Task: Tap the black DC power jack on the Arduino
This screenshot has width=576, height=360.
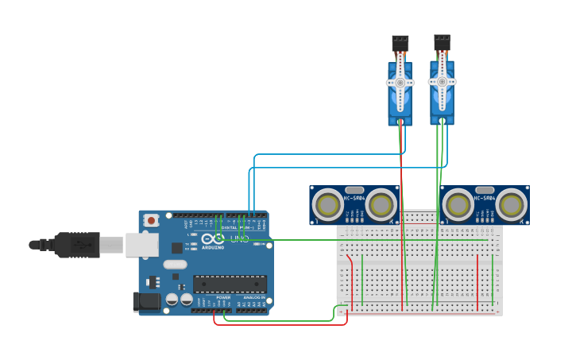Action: coord(146,301)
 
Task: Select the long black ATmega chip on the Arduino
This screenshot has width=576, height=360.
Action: coord(230,284)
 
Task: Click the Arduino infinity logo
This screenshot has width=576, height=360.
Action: coord(211,239)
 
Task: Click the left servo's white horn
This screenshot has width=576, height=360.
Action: coord(400,82)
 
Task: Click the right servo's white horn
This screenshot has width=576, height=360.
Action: coord(442,80)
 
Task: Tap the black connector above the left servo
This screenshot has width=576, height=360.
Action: coord(400,42)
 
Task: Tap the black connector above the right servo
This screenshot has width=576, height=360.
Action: coord(442,41)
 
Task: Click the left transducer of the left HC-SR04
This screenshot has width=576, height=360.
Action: coord(327,205)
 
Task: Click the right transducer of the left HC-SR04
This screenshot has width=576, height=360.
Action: coord(381,205)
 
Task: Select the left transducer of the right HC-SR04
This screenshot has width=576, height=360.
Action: coord(458,205)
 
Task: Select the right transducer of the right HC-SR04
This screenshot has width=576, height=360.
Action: coord(511,205)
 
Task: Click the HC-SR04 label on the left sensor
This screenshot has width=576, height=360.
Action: coord(354,198)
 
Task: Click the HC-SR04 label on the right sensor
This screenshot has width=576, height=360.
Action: coord(485,198)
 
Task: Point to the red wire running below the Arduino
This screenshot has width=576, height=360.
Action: coord(278,324)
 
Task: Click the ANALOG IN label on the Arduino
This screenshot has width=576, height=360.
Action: coord(254,297)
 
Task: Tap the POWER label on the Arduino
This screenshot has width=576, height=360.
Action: coord(223,297)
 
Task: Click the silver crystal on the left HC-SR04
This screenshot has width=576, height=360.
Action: coord(354,189)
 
